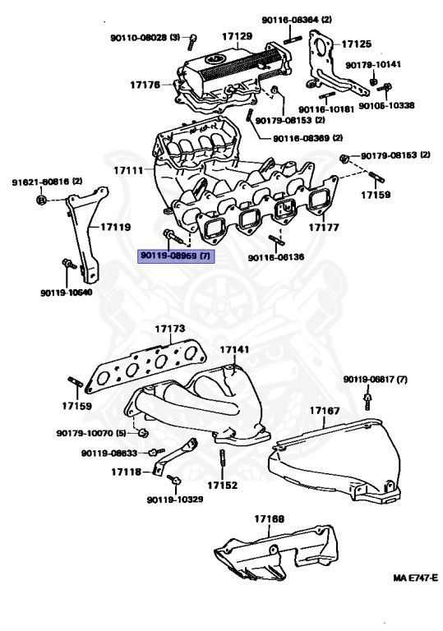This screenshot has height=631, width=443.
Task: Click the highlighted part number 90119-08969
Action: click(x=177, y=256)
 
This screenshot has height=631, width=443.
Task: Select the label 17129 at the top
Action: click(x=236, y=37)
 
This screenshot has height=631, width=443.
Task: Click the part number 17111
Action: click(x=127, y=170)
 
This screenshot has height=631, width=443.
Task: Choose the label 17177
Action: click(x=325, y=226)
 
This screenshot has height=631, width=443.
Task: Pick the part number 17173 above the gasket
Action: click(x=170, y=329)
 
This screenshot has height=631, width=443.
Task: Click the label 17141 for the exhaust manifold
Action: click(x=234, y=349)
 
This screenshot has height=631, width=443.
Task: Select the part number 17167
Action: click(x=325, y=409)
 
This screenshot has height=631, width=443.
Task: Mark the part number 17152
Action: click(x=222, y=485)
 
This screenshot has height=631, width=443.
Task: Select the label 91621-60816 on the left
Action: click(x=47, y=181)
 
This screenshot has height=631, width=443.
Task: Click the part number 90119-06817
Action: click(x=375, y=380)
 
